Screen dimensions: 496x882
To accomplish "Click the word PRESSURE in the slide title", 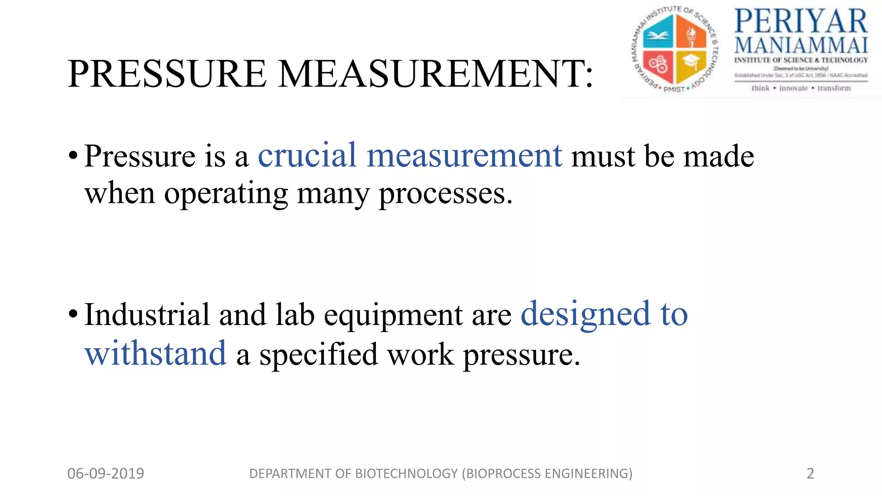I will (x=167, y=74).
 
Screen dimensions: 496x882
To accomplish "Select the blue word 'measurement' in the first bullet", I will (x=464, y=156).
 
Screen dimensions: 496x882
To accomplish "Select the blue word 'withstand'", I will (x=155, y=354).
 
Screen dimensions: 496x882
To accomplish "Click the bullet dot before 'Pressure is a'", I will (x=73, y=156).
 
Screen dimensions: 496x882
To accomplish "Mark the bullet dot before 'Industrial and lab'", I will (x=73, y=315).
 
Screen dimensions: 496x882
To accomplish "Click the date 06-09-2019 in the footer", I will (x=106, y=474).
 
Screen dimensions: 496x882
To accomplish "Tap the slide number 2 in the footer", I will (x=810, y=474).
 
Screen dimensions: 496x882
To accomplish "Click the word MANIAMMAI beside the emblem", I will (x=801, y=46).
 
